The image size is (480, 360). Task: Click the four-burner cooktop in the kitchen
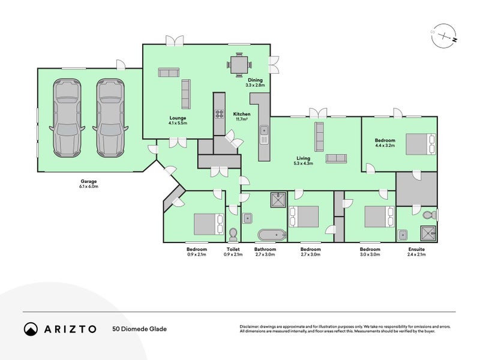click(x=218, y=112)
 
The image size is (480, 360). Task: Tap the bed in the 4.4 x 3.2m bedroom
click(x=421, y=145)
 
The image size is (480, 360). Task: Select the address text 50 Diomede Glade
click(x=139, y=329)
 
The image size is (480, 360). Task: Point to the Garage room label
click(x=89, y=181)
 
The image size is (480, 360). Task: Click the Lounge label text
click(x=178, y=118)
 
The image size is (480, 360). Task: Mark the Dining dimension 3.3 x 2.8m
click(x=256, y=85)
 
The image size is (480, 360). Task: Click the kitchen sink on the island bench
click(x=263, y=130)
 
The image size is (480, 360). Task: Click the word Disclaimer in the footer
click(x=251, y=326)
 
